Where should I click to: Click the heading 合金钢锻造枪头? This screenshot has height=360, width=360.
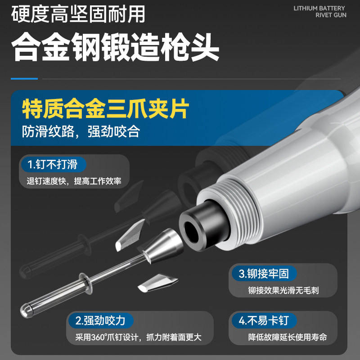tap(115, 47)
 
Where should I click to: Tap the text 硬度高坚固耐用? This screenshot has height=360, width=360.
tap(78, 14)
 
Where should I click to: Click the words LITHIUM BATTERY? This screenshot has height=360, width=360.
tap(319, 8)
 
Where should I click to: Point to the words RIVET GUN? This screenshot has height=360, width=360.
tap(331, 15)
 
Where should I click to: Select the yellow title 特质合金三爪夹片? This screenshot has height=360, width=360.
tap(106, 108)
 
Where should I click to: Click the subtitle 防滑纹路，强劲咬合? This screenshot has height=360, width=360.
tap(81, 131)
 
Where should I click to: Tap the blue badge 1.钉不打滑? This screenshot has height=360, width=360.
tap(54, 164)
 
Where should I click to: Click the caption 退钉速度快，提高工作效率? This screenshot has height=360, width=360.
tap(74, 181)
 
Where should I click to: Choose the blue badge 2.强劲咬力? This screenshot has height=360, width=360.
tap(101, 320)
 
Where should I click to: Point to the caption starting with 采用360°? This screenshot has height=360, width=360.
tap(139, 337)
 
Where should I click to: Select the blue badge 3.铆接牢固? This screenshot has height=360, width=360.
tap(264, 274)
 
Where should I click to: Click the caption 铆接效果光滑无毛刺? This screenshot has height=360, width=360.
tap(283, 290)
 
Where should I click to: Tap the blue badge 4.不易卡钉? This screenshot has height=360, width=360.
tap(264, 320)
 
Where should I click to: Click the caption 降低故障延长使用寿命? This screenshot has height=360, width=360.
tap(288, 337)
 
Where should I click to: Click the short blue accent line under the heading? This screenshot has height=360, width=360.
tap(24, 79)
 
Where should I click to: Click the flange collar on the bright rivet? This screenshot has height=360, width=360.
tap(86, 284)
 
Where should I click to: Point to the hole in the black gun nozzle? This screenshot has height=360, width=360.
tap(192, 232)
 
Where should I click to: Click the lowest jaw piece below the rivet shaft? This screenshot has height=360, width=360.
tap(158, 283)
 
